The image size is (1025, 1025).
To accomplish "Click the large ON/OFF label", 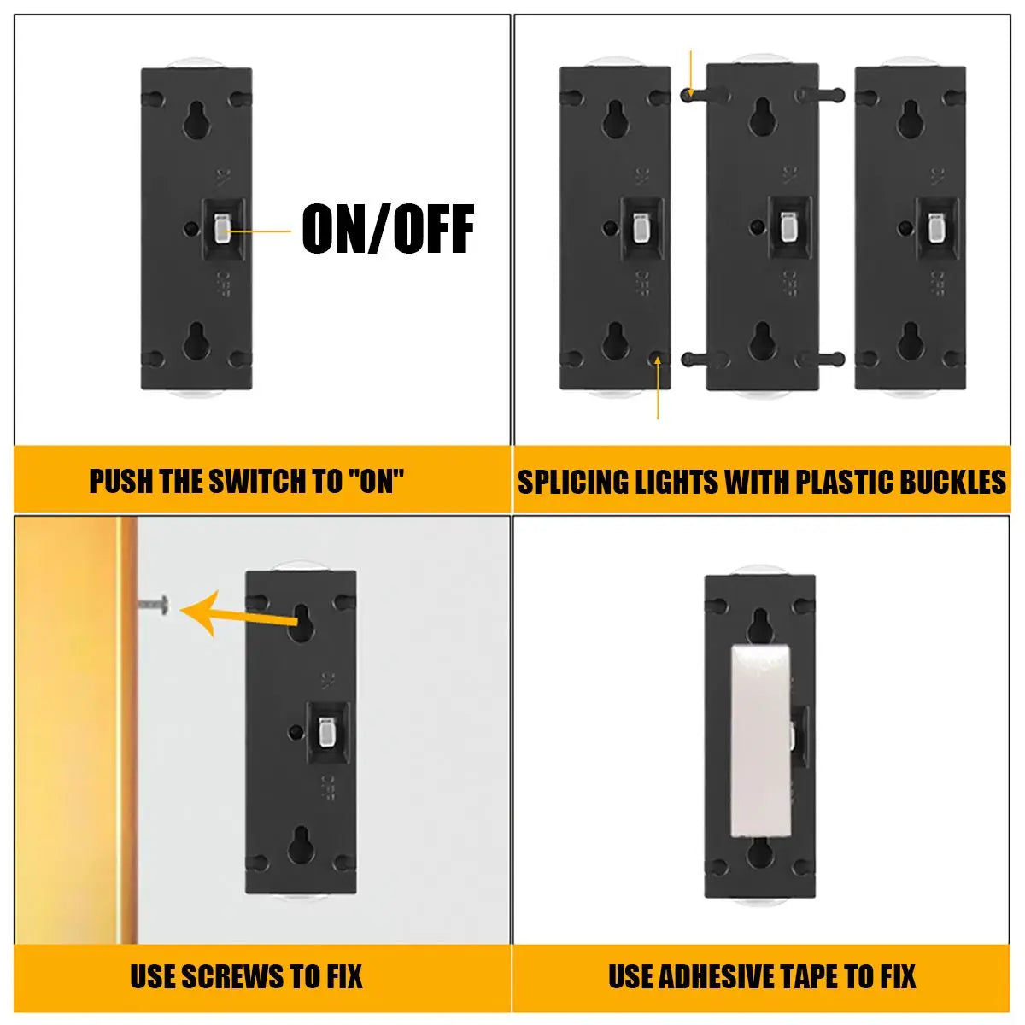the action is click(x=388, y=229).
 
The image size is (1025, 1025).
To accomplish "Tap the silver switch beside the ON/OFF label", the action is click(x=220, y=229).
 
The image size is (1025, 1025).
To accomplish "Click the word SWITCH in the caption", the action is click(x=259, y=482).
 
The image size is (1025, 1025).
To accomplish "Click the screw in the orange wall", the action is click(x=155, y=605).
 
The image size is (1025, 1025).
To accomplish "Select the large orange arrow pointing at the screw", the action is click(x=239, y=615).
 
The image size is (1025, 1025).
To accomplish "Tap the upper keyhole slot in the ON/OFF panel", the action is click(x=196, y=120).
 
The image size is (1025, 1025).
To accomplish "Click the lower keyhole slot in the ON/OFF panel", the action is click(x=196, y=341).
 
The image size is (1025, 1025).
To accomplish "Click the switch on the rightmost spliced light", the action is click(x=935, y=228).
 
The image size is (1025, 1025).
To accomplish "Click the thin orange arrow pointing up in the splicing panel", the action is click(x=658, y=387).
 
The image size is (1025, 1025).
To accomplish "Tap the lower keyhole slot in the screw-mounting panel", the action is click(x=301, y=846).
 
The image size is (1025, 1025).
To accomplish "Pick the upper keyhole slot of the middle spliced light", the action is click(x=762, y=117).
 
